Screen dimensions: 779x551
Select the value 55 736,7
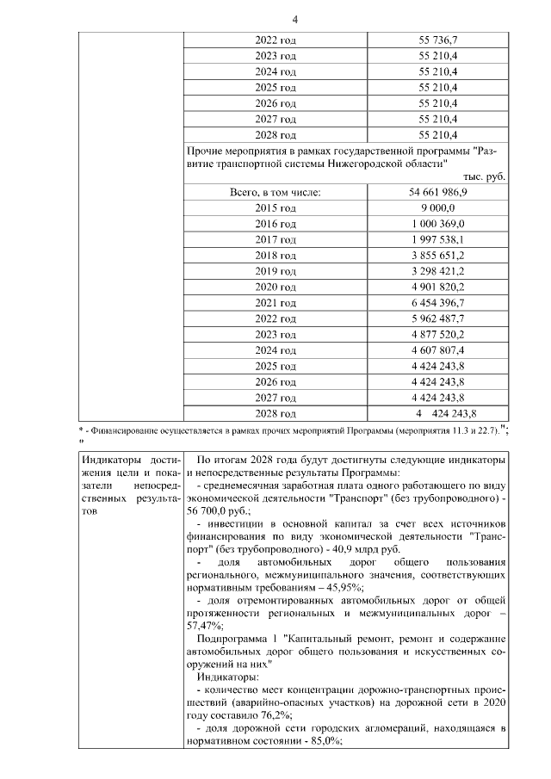(x=437, y=40)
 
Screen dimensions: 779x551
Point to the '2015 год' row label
(x=275, y=207)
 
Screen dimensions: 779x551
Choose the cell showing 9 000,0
(x=437, y=207)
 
